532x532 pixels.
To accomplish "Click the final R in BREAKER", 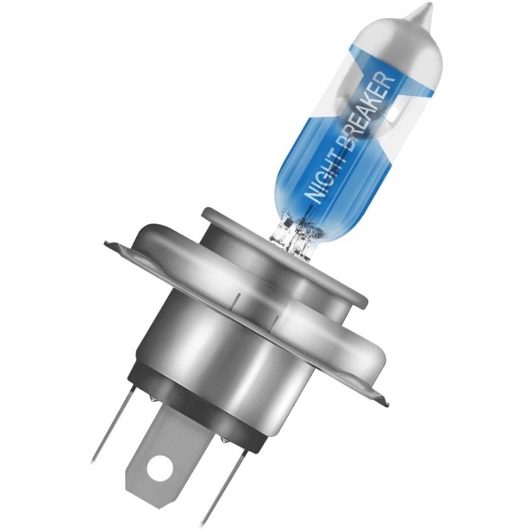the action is tap(389, 77).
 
